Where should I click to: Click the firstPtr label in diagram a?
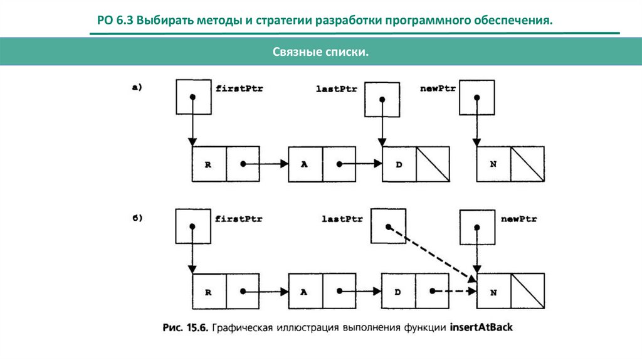(x=239, y=88)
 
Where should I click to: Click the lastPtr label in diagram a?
(x=337, y=89)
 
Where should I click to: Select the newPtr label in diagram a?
(x=438, y=88)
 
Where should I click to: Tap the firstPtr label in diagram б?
(x=239, y=219)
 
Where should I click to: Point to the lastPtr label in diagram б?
(x=342, y=219)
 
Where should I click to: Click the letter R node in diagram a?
(x=208, y=164)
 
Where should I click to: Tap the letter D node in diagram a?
(x=399, y=164)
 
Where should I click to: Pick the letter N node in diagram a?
(x=493, y=164)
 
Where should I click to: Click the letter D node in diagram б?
(x=399, y=292)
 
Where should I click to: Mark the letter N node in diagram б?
(x=493, y=292)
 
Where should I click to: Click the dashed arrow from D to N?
(x=455, y=292)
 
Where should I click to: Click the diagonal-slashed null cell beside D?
(x=433, y=164)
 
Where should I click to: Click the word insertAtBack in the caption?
(x=481, y=327)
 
